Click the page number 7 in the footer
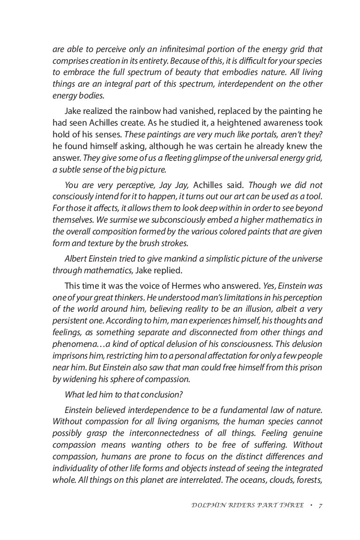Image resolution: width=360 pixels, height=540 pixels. click(320, 505)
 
